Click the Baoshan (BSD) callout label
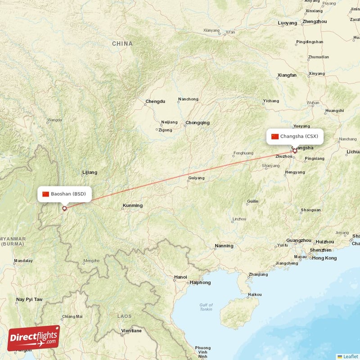coord(64,194)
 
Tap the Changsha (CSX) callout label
coord(295,136)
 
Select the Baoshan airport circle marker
coord(64,208)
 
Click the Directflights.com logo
coord(34,338)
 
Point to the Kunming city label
coord(133,206)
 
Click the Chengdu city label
coord(155,102)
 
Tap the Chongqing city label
coord(198,122)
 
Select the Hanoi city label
coord(180,277)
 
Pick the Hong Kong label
coord(324,258)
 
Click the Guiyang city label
coord(196,178)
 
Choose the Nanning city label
coord(224,246)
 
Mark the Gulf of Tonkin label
coord(206,307)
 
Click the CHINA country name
coord(122,44)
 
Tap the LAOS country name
coord(125,316)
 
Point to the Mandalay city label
coord(23,261)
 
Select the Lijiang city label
coord(90,172)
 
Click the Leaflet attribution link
coord(351,356)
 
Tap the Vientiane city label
coord(131,331)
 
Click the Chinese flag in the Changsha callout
coord(274,136)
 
